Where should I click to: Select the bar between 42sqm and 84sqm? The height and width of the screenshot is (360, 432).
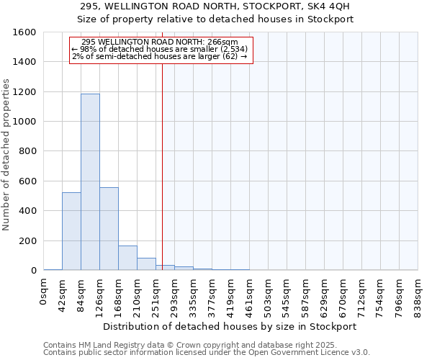click(71, 231)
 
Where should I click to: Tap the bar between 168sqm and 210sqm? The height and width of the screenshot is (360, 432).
click(127, 258)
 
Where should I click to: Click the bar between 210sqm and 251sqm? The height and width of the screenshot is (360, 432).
click(146, 264)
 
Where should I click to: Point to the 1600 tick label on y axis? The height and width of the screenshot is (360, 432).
click(24, 32)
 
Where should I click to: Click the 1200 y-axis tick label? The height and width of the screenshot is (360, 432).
click(24, 92)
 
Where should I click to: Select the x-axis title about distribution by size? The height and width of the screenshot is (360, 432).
click(230, 326)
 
